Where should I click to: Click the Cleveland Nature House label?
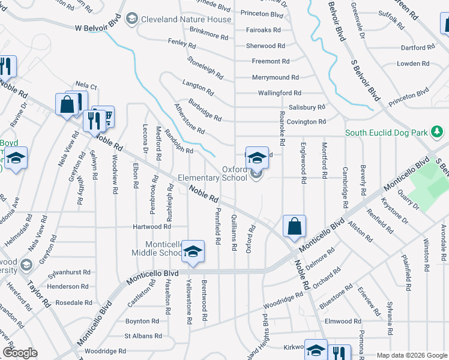click(x=185, y=19)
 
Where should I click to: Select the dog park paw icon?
click(x=439, y=131)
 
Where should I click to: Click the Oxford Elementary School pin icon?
click(x=257, y=158)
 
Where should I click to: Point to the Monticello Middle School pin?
click(x=193, y=251)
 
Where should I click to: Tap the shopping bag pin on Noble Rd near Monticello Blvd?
click(x=294, y=227)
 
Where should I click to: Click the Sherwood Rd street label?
click(x=265, y=46)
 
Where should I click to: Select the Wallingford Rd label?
click(x=279, y=93)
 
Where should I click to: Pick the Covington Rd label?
click(x=306, y=122)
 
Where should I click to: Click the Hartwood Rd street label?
click(x=152, y=227)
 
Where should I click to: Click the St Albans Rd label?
click(x=142, y=337)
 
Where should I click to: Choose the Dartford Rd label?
click(x=418, y=47)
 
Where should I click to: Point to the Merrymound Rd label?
click(x=275, y=77)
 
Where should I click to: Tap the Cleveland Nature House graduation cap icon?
click(x=130, y=20)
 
